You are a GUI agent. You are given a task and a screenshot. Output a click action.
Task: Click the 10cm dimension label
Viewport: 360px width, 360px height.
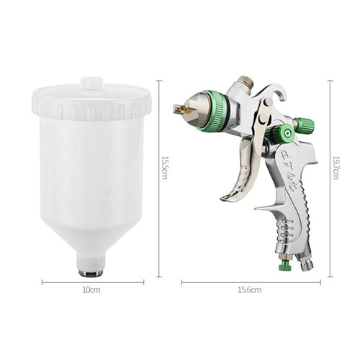pos(91,290)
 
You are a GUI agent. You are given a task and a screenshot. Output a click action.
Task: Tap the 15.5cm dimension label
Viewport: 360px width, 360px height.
pos(164,168)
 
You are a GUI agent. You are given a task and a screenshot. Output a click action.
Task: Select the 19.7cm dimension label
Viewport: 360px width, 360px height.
pos(336,168)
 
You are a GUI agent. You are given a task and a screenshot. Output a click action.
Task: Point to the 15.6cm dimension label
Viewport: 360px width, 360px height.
pos(250,290)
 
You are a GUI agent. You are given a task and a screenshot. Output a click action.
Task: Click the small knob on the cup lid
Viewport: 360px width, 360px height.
pos(92,83)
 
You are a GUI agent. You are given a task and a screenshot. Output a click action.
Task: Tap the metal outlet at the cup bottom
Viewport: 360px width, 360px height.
pos(91,273)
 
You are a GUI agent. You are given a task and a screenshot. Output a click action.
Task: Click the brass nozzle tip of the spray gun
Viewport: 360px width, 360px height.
pos(181,109)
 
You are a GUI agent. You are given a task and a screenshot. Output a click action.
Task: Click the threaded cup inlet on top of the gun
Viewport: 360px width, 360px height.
pos(246,84)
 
